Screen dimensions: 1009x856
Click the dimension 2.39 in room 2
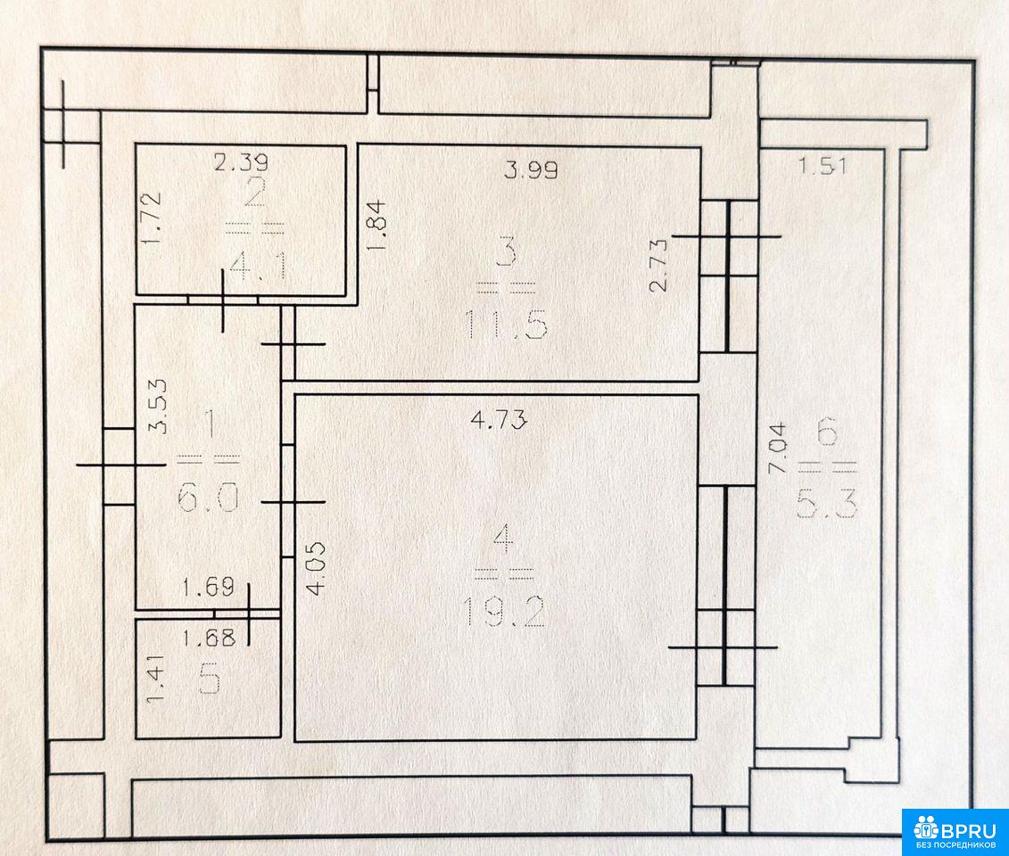241,162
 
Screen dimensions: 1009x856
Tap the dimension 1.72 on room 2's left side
152,218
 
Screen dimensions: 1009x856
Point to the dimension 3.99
531,169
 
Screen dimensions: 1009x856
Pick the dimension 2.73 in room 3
659,265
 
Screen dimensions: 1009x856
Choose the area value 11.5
507,325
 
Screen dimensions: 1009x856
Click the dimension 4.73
500,420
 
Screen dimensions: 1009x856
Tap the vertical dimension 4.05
316,569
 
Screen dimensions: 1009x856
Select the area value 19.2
504,612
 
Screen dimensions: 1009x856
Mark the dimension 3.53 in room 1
158,406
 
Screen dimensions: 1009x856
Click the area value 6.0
208,498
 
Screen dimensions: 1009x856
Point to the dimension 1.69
208,588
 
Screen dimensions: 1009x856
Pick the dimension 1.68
209,638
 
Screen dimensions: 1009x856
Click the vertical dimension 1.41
156,679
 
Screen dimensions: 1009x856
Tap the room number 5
211,682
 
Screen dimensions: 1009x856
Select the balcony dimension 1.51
823,167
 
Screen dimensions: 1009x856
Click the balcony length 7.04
777,448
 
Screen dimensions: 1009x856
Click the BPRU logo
955,832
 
